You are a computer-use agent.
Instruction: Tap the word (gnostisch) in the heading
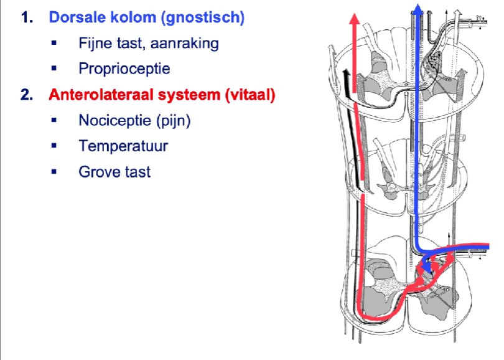(x=203, y=18)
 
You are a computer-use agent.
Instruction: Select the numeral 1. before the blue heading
(x=27, y=17)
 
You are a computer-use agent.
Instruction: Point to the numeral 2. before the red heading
(x=27, y=95)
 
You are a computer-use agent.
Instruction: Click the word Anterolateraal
(x=101, y=95)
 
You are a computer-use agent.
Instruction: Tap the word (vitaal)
(x=250, y=95)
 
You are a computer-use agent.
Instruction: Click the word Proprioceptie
(x=124, y=69)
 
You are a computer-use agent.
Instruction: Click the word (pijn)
(x=174, y=121)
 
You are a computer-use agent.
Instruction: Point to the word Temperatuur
(x=123, y=146)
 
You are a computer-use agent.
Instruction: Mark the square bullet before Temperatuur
(x=54, y=146)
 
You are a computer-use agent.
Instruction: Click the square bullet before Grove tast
(x=54, y=171)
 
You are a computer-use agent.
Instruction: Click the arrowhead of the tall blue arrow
(x=418, y=9)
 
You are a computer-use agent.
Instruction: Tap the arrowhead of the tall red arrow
(x=355, y=19)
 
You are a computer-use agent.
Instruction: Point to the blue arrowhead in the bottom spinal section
(x=426, y=267)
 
